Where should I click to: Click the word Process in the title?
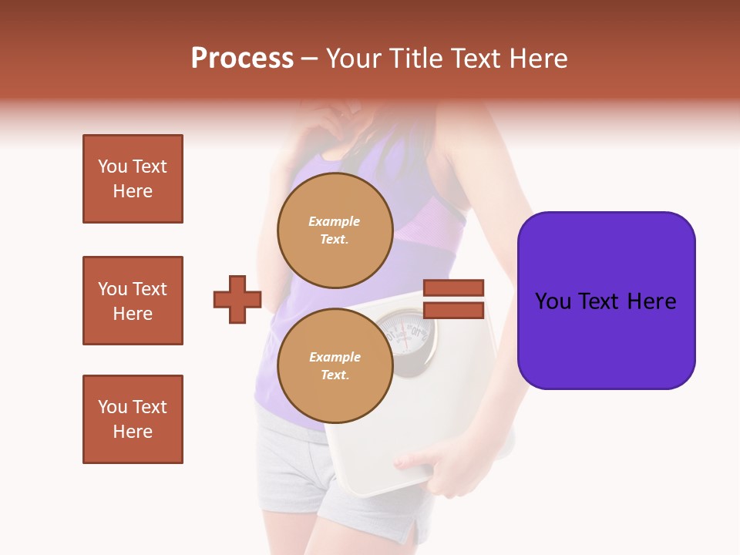(242, 59)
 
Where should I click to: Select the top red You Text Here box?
(133, 179)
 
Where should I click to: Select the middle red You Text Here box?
(133, 301)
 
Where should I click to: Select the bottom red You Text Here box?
(133, 419)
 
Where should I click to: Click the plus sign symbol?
(237, 299)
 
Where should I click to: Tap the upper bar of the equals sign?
(454, 288)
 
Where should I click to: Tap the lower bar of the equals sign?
(454, 311)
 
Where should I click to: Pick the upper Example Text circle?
(335, 230)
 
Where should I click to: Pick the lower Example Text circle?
(335, 365)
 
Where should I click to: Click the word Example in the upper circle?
(334, 221)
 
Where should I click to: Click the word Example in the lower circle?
(335, 357)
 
